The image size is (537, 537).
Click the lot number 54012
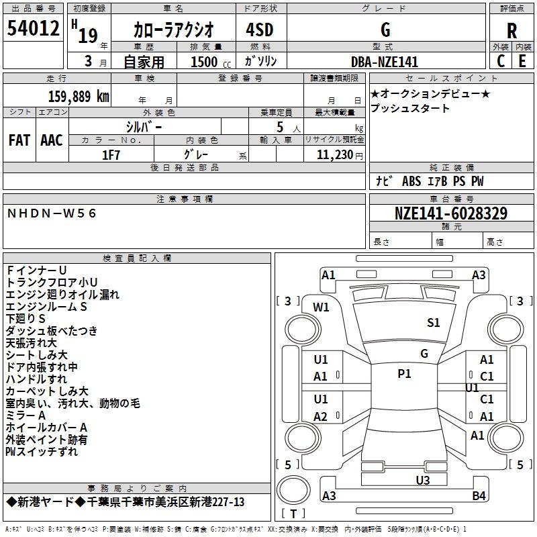tap(33, 30)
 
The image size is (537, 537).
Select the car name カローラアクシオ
tap(174, 30)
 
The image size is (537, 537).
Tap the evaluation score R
tap(511, 30)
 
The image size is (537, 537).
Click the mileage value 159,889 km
tap(79, 96)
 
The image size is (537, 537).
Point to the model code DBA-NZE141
tap(385, 62)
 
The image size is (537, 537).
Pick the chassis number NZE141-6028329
tap(451, 214)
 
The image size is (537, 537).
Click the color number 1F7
tap(111, 154)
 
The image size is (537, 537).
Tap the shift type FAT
tap(19, 140)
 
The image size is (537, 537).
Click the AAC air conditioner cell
tap(52, 140)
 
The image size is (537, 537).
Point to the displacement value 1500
tap(205, 62)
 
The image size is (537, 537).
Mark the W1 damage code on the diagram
tap(322, 307)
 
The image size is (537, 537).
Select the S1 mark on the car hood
tap(434, 323)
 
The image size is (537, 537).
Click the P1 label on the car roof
tap(404, 374)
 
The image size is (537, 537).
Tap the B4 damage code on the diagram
tap(479, 496)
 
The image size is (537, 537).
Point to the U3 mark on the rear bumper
tap(423, 480)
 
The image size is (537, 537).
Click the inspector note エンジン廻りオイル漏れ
tap(62, 295)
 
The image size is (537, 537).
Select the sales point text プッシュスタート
tap(410, 108)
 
